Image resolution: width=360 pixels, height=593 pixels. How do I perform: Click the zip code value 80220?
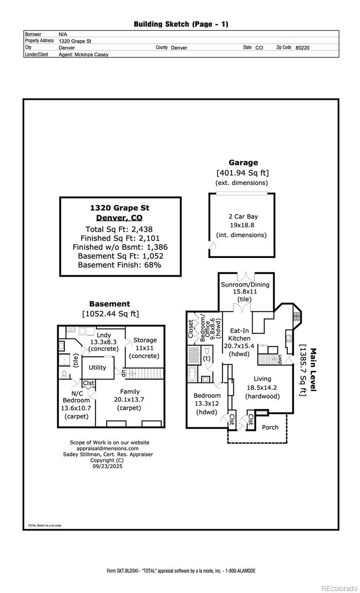click(x=302, y=48)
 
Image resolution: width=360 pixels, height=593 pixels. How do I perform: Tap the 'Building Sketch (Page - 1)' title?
click(x=181, y=24)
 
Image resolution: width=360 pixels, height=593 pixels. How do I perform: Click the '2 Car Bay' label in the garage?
click(x=243, y=216)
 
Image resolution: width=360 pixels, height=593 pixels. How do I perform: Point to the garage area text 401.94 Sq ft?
click(x=243, y=173)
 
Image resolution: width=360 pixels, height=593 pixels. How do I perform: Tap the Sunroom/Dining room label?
click(x=245, y=284)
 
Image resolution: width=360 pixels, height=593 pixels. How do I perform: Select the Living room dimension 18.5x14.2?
click(x=262, y=387)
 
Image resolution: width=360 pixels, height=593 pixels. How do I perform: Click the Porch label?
click(x=270, y=427)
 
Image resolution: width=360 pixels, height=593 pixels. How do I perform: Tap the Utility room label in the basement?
click(x=97, y=368)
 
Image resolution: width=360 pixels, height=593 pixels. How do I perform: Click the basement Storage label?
click(x=145, y=340)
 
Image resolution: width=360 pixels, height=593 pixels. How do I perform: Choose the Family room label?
click(x=129, y=391)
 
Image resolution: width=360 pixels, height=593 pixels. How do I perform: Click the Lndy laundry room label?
click(x=104, y=335)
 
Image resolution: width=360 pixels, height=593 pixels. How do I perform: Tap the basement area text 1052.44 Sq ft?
click(x=110, y=314)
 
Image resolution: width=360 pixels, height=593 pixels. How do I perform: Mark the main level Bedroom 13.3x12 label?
click(x=207, y=396)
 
